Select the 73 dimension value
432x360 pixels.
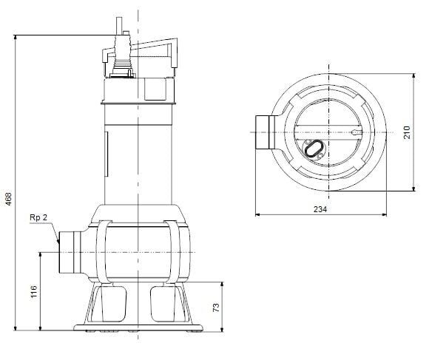[217, 306]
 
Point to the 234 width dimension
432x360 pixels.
[320, 209]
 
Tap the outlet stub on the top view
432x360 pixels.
[263, 133]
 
